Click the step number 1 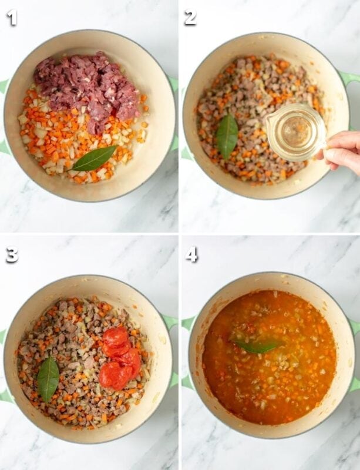12,18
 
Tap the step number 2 190,18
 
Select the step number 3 12,255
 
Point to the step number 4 191,255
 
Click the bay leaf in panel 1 94,159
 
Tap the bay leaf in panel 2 227,136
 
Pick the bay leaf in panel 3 48,378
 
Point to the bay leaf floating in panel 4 255,346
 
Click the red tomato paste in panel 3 119,358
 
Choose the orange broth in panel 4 269,357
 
